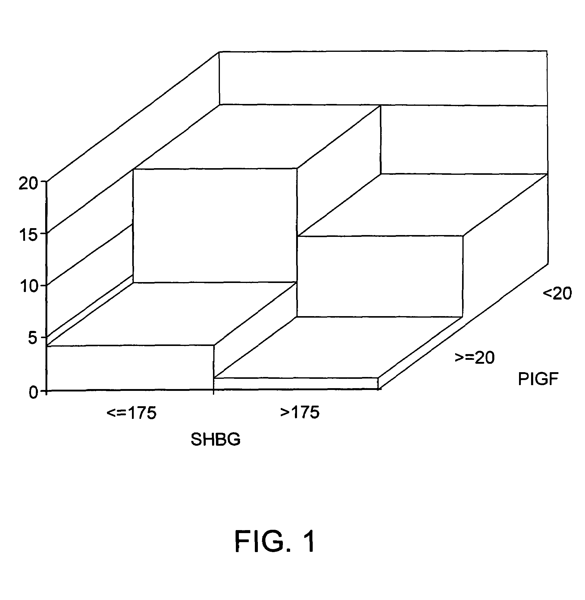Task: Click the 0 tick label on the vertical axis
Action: click(33, 393)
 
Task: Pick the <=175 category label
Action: click(132, 413)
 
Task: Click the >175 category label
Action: click(299, 413)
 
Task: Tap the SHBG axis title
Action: click(215, 440)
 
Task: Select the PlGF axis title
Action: click(538, 379)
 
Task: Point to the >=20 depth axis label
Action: click(474, 357)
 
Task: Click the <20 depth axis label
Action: click(557, 293)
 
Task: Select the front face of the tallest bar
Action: click(215, 225)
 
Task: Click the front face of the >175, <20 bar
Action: click(380, 276)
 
